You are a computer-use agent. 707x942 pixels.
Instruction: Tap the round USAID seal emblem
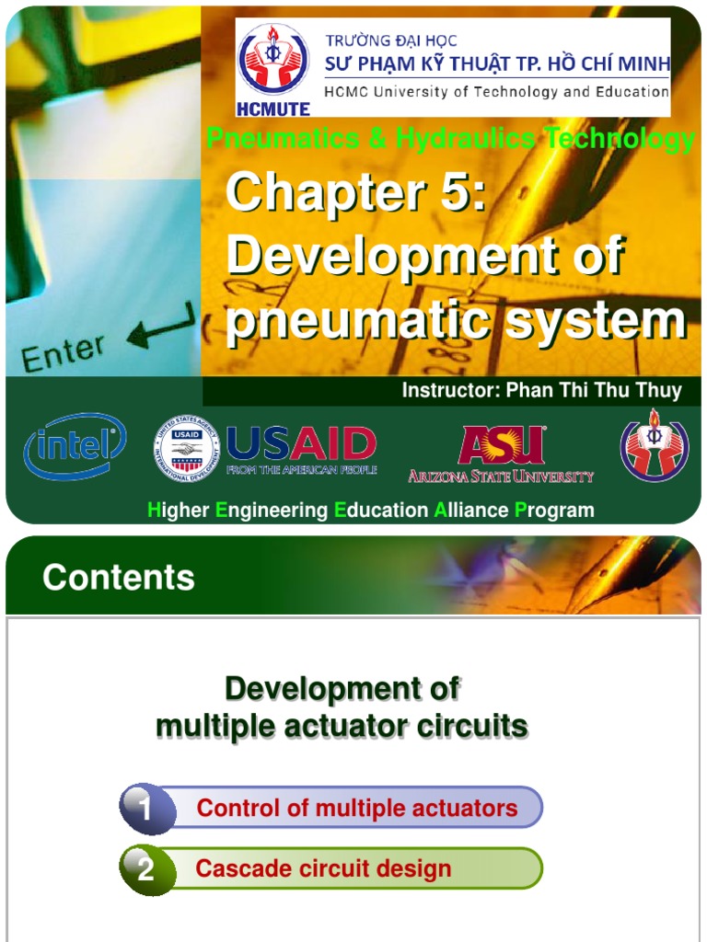click(x=187, y=450)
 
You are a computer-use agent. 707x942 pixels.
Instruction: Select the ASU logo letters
click(x=501, y=445)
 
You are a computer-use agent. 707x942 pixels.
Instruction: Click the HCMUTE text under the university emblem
click(x=273, y=108)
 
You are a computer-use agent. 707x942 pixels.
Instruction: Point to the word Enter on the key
click(x=63, y=353)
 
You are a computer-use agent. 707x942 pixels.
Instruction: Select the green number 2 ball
click(x=147, y=869)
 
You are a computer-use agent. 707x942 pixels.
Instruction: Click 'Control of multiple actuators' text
click(x=357, y=809)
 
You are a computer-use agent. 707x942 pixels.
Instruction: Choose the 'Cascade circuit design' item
click(x=323, y=868)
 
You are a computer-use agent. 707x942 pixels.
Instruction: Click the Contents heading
click(x=119, y=578)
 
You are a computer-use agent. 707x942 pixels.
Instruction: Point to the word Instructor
click(x=451, y=390)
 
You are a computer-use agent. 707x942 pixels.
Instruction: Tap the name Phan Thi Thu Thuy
click(x=594, y=390)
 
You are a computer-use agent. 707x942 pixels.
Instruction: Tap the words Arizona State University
click(x=501, y=476)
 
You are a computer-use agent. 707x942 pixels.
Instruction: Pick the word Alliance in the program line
click(x=471, y=510)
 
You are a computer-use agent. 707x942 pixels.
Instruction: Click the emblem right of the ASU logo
click(x=654, y=445)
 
